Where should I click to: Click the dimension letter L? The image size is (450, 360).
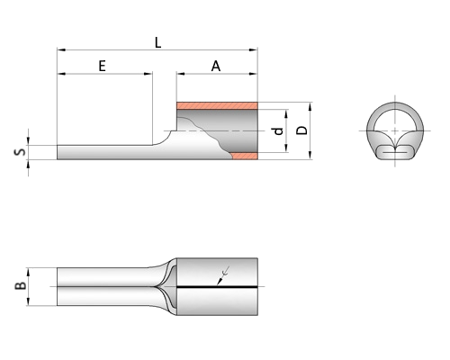click(x=157, y=43)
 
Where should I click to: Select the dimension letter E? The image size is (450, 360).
click(x=102, y=66)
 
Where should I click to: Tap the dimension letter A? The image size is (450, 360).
click(x=216, y=66)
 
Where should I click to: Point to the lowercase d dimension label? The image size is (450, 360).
click(x=279, y=131)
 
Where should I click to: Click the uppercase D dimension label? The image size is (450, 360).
click(x=301, y=130)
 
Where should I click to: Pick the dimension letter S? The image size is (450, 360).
click(x=20, y=152)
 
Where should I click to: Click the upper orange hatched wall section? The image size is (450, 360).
click(x=217, y=105)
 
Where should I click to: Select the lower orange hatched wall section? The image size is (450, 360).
click(x=245, y=156)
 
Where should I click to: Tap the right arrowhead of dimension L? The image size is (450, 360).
click(x=254, y=49)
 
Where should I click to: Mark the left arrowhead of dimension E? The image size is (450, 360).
click(x=61, y=74)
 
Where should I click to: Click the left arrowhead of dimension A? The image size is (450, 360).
click(x=181, y=74)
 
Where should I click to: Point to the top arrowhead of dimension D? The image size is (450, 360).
click(x=310, y=106)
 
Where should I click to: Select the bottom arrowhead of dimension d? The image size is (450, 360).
click(x=286, y=148)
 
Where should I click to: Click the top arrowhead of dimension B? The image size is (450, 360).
click(x=28, y=272)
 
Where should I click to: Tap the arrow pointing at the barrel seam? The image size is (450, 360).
click(x=223, y=275)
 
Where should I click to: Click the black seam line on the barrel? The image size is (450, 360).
click(x=217, y=287)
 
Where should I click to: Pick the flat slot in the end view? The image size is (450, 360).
click(x=394, y=153)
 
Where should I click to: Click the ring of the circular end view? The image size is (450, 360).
click(x=395, y=106)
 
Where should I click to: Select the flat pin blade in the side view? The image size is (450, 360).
click(x=105, y=152)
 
